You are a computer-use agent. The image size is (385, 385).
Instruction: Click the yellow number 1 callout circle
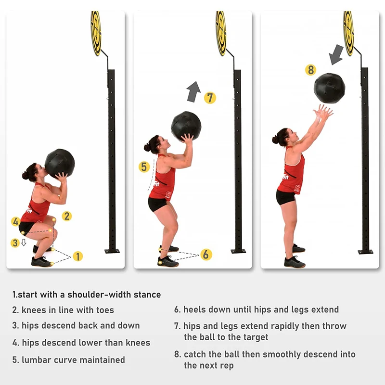[78, 257]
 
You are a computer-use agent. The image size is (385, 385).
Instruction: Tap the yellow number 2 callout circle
[66, 216]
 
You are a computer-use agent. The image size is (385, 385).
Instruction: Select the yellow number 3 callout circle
[15, 243]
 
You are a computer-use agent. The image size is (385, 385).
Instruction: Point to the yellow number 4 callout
[16, 221]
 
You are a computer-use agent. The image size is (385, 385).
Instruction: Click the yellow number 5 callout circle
[144, 167]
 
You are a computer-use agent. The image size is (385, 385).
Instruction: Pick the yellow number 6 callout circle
[206, 255]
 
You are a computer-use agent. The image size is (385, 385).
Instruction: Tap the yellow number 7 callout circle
[210, 98]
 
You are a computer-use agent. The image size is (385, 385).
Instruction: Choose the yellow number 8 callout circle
[310, 70]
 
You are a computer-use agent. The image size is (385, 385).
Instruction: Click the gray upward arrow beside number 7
[193, 92]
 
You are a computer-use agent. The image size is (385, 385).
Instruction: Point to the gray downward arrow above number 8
[336, 55]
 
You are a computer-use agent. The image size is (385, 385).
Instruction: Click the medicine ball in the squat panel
[60, 163]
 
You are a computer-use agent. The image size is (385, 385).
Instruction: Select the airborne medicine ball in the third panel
[330, 88]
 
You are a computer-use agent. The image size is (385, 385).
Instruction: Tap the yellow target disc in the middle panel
[221, 33]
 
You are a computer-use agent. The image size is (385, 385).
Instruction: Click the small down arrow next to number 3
[24, 243]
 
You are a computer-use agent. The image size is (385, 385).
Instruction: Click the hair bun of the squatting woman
[25, 175]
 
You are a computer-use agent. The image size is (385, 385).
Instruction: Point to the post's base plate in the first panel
[112, 251]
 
